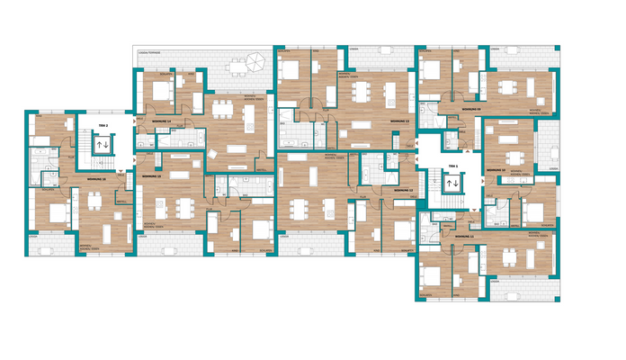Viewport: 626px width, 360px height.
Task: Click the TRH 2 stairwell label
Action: (103, 125)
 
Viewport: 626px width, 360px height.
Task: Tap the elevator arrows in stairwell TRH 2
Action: (103, 143)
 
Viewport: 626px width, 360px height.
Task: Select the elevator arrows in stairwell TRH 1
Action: (452, 183)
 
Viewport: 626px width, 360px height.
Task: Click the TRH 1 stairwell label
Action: (452, 167)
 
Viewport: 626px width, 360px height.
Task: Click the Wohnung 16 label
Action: (96, 180)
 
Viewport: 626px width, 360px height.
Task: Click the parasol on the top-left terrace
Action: (255, 62)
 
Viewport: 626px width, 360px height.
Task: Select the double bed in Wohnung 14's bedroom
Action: (163, 90)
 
